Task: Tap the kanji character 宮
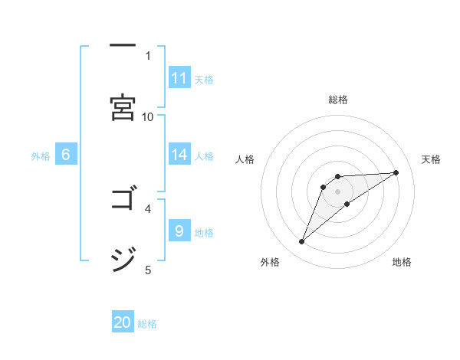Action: click(123, 106)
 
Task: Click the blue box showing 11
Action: click(179, 78)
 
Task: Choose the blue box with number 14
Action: click(179, 155)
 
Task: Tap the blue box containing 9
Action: click(179, 231)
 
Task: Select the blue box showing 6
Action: click(66, 155)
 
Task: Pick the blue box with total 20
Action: click(123, 322)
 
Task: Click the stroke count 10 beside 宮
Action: click(148, 116)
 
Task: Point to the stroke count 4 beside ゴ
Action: click(148, 208)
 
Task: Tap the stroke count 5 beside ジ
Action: click(148, 269)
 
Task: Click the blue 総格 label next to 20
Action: click(147, 324)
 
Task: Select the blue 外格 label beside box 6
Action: click(41, 156)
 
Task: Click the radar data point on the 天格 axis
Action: click(396, 172)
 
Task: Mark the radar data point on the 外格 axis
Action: click(302, 242)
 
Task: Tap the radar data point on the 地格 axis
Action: click(347, 203)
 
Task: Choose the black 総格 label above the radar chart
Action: click(338, 100)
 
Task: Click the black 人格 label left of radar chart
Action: click(245, 159)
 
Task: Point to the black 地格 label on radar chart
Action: click(402, 263)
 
